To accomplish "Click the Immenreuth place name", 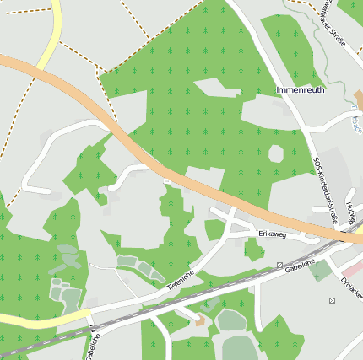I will pos(300,89).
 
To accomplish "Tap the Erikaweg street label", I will pos(273,235).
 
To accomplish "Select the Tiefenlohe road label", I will pos(181,281).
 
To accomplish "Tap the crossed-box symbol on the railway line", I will pos(279,266).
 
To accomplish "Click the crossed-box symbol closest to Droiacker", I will pos(332,301).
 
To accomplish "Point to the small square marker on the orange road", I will pos(166,180).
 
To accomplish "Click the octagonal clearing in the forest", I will pos(275,154).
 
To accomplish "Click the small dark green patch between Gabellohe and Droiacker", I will pos(320,271).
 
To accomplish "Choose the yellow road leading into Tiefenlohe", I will pos(34,320).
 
